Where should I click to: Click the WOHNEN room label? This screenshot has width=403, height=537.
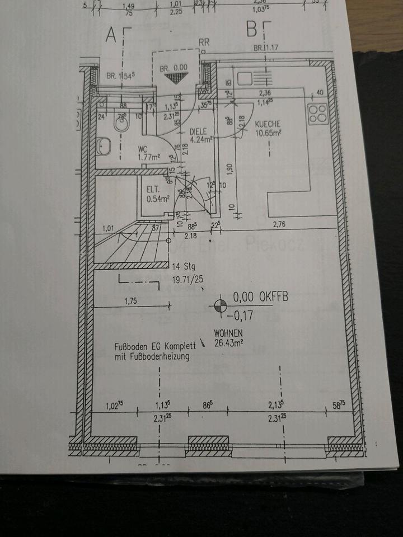point(228,332)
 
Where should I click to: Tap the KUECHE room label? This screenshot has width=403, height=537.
point(267,124)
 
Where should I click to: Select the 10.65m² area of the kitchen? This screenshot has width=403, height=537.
point(268,133)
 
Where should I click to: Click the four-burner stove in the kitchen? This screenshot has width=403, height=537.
point(318,114)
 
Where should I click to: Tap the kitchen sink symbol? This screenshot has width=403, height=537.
point(246,79)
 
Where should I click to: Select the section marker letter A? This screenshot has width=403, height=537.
point(111,35)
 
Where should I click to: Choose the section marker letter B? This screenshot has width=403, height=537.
point(252,28)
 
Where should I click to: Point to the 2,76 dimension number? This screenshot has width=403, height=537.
point(279,225)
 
